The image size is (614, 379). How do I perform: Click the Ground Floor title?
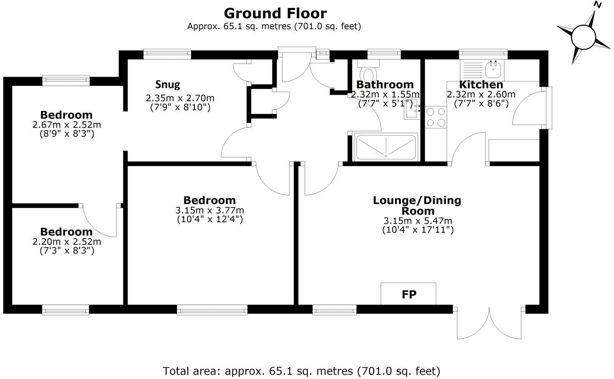[275, 13]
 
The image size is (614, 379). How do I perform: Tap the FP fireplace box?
[408, 294]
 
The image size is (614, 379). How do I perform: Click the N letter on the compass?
[597, 5]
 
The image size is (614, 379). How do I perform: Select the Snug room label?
[168, 85]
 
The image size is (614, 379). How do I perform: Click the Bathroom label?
[385, 85]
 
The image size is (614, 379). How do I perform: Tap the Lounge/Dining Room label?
[417, 205]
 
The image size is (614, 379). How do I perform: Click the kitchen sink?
[493, 69]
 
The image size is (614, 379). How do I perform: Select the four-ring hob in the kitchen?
[436, 117]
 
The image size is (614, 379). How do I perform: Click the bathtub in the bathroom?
[385, 147]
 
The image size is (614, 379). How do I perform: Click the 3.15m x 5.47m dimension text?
[418, 221]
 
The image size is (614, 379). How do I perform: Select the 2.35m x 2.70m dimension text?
[180, 98]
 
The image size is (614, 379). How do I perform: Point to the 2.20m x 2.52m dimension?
[67, 242]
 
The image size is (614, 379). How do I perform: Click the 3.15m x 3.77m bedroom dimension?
[210, 210]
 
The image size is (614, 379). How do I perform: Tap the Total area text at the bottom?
[301, 371]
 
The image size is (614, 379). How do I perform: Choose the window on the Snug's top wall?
[167, 53]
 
